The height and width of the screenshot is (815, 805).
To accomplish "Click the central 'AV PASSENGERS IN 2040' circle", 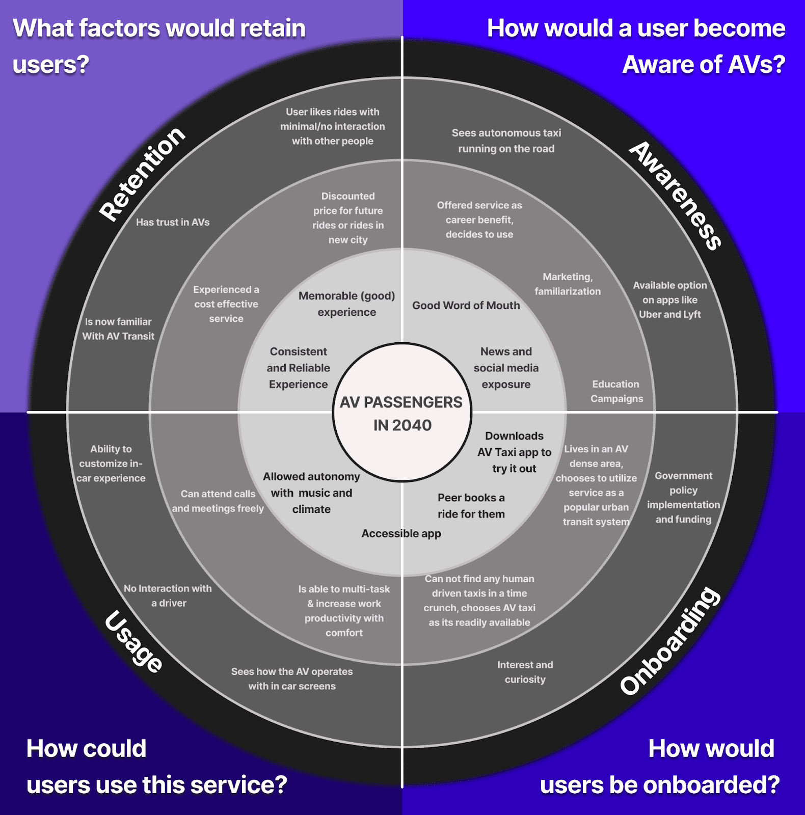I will coord(402,413).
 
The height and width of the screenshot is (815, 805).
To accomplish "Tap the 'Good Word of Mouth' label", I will coord(466,306).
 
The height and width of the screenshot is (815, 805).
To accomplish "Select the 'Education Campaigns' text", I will coord(616,391).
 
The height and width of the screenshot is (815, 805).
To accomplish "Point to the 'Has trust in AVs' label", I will coord(173,222).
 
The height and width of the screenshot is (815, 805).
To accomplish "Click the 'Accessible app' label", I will coord(401,533).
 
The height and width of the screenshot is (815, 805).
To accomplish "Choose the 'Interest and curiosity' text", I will coord(525,672).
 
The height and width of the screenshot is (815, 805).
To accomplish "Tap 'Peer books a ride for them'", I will coord(471,506).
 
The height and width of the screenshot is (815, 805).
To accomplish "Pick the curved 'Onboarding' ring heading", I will coord(670,640).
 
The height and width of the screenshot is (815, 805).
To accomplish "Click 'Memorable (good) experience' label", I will coord(347,304).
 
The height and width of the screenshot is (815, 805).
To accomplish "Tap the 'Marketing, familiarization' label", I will coord(568,284).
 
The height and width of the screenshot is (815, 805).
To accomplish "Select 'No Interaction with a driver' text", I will coord(168,595).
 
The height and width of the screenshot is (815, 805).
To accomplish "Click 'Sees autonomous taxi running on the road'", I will coord(506,141).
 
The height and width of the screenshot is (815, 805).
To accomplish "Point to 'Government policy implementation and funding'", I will coord(683,497).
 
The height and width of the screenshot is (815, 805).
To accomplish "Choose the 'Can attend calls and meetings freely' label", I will coord(218,501).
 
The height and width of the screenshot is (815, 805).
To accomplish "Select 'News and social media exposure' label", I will coord(506,368).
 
